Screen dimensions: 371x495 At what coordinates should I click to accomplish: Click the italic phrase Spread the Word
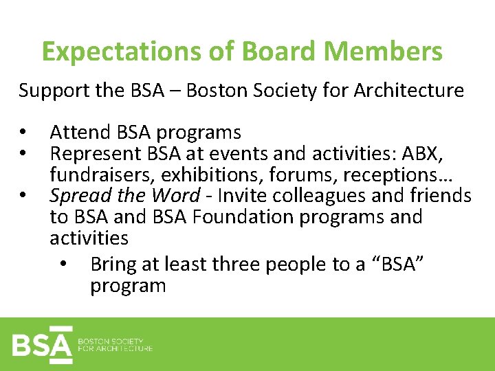coord(124,196)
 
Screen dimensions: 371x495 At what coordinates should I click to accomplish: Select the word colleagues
coord(320,196)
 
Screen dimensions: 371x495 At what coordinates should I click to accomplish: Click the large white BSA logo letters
coord(41,344)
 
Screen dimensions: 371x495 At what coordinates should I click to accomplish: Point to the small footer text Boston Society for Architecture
coord(115,344)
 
